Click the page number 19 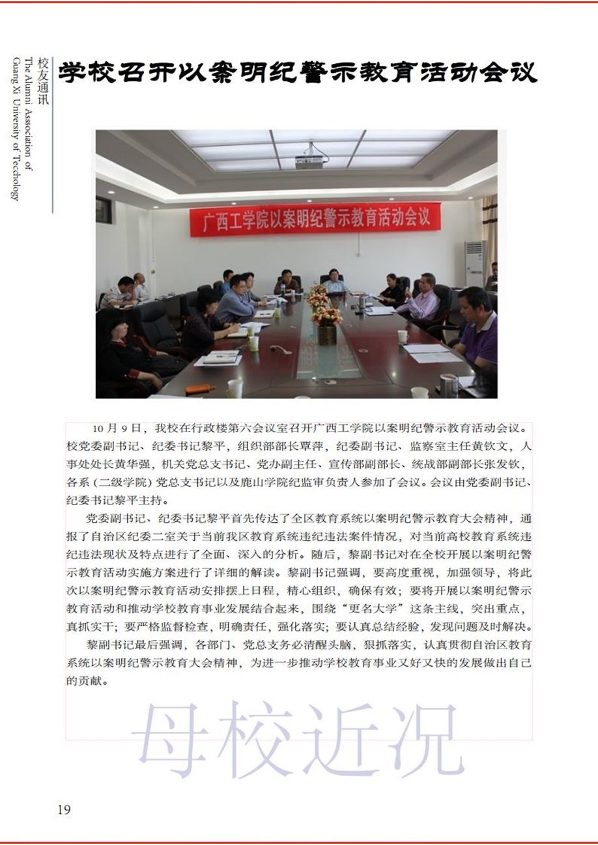pyautogui.click(x=64, y=809)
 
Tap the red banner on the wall pyautogui.click(x=315, y=221)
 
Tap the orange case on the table pyautogui.click(x=199, y=389)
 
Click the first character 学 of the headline pyautogui.click(x=73, y=72)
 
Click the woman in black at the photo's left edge pyautogui.click(x=124, y=352)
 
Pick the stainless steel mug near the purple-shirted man pyautogui.click(x=449, y=385)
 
